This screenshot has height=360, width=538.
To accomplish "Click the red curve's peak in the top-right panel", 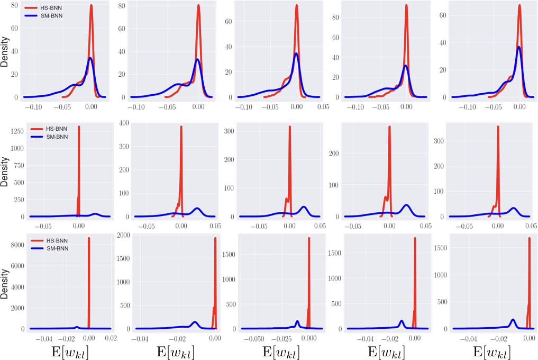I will point(519,6).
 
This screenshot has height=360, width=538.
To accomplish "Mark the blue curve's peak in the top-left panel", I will point(90,58).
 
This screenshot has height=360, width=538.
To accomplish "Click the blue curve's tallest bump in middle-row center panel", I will point(304,207).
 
